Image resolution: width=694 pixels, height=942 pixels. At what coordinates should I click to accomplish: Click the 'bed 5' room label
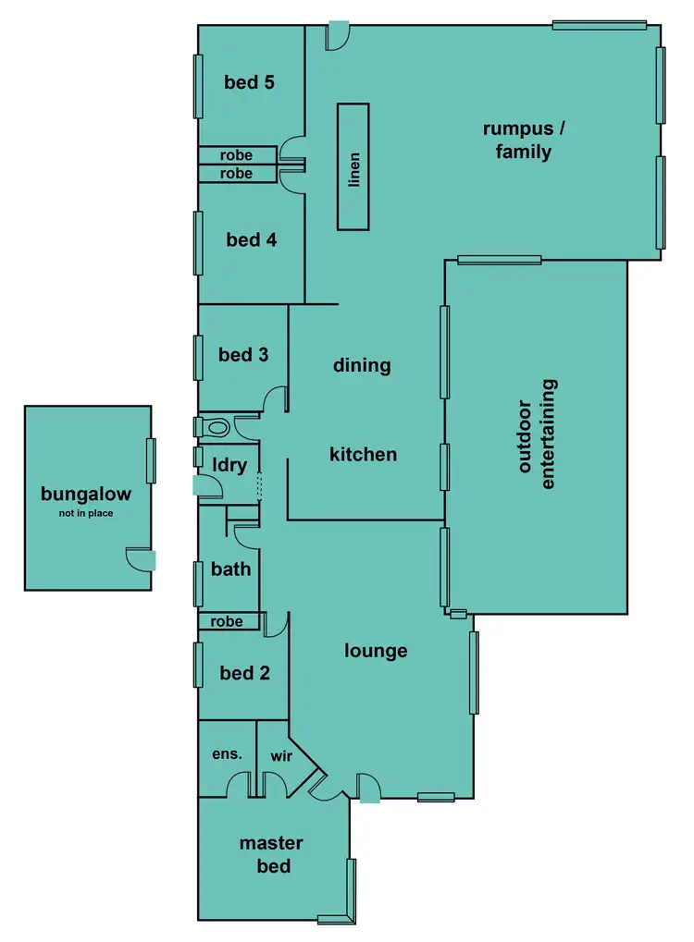[x=249, y=82]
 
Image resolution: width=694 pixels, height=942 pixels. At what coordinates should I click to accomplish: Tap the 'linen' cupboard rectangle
[x=353, y=167]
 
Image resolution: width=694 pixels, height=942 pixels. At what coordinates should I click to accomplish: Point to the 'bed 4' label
[x=251, y=240]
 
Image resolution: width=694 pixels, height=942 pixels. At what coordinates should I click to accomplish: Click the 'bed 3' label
[x=243, y=354]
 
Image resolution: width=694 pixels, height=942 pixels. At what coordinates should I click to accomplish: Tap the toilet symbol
[x=217, y=428]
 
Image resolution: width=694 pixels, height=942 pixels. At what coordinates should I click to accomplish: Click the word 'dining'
[x=362, y=365]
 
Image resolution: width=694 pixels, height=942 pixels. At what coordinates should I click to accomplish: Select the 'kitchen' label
[x=364, y=454]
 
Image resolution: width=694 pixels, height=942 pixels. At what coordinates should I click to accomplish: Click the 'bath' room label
[x=230, y=569]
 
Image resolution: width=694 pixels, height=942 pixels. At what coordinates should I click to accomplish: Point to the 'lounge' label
[x=376, y=651]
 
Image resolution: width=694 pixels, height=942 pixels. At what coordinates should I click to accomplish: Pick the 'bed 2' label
[x=244, y=673]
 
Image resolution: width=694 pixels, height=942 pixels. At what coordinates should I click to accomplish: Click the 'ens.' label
[x=227, y=754]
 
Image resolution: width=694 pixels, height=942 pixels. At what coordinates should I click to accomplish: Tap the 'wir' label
[x=281, y=755]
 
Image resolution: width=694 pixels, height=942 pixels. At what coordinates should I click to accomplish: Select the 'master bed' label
[x=271, y=854]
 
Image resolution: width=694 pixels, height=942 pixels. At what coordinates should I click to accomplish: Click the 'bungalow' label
[x=85, y=495]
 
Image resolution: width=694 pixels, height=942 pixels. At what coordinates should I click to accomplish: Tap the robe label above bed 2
[x=227, y=622]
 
